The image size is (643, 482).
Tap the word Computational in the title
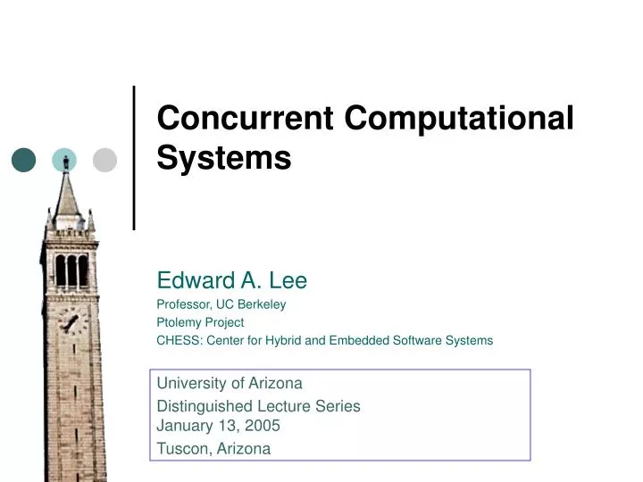(459, 118)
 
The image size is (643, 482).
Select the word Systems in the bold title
(224, 158)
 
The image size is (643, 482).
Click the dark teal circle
(24, 160)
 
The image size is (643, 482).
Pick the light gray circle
(105, 160)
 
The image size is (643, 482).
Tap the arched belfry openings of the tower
(71, 270)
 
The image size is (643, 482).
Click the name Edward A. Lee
(232, 281)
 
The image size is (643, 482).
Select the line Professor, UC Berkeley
(221, 304)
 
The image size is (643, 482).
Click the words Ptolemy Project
(200, 322)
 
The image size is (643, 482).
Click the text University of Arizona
(230, 384)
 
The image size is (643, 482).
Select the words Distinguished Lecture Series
(259, 406)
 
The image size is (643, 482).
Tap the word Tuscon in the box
(183, 449)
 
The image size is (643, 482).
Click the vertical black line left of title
(134, 158)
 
